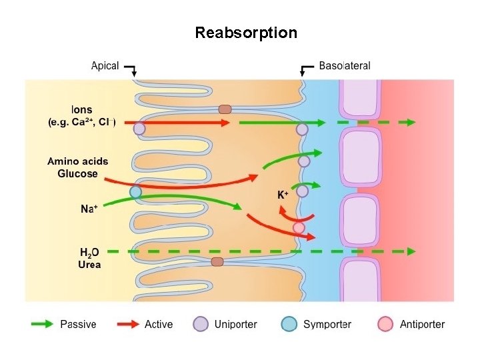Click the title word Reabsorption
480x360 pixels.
[246, 33]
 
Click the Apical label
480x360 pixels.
[105, 66]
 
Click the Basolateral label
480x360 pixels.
[344, 66]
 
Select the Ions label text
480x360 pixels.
[81, 110]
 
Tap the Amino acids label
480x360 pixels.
[77, 161]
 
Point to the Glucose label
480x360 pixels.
[77, 174]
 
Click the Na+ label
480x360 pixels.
[89, 209]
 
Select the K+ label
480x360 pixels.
[283, 195]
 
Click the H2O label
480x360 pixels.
[89, 252]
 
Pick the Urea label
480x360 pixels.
[89, 265]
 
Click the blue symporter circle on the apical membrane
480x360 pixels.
[136, 193]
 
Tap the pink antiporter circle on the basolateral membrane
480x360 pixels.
[299, 228]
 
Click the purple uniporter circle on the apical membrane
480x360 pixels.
[139, 129]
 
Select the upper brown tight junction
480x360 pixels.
[225, 109]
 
